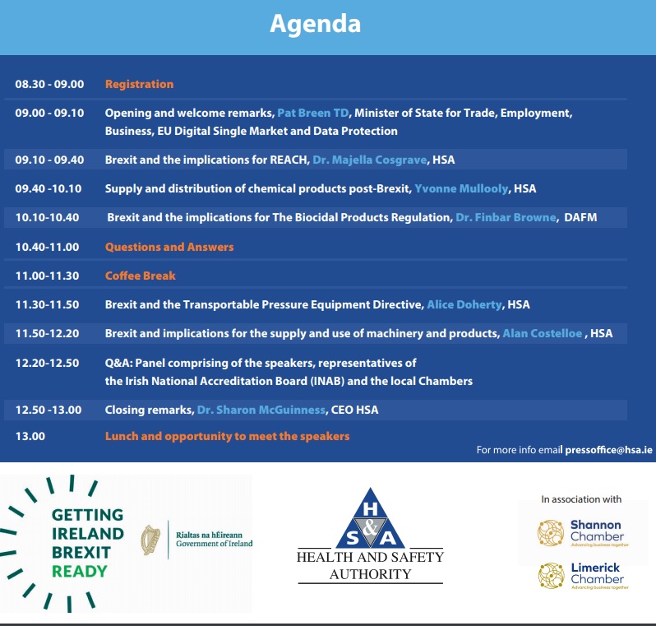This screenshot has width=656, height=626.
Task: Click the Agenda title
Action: click(x=315, y=25)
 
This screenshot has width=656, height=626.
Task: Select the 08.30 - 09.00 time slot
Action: click(x=49, y=84)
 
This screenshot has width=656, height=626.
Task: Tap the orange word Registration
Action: click(x=139, y=84)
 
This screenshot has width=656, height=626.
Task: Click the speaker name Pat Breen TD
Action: click(x=313, y=113)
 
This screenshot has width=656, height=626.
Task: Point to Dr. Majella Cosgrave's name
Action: click(x=370, y=160)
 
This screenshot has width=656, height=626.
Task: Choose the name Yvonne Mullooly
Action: click(x=461, y=189)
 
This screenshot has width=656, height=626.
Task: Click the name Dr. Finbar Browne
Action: click(x=506, y=217)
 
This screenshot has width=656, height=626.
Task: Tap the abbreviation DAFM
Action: click(x=580, y=217)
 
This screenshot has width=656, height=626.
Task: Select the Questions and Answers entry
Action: click(x=169, y=247)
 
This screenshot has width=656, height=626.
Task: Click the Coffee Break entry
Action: click(x=141, y=276)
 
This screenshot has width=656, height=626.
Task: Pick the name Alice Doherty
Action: click(x=464, y=304)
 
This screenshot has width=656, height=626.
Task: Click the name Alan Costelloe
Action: click(x=543, y=333)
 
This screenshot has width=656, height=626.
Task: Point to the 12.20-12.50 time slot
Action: click(x=48, y=363)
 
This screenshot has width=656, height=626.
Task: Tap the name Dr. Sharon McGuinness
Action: click(x=261, y=410)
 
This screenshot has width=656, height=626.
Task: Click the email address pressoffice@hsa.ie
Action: click(x=608, y=450)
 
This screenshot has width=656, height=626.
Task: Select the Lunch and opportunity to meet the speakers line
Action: click(x=227, y=436)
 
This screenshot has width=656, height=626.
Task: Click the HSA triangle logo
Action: click(x=370, y=518)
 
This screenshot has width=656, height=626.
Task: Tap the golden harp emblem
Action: click(x=150, y=540)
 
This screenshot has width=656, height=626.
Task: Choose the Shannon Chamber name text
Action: click(x=597, y=531)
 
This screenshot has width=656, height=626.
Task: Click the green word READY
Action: click(x=80, y=572)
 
